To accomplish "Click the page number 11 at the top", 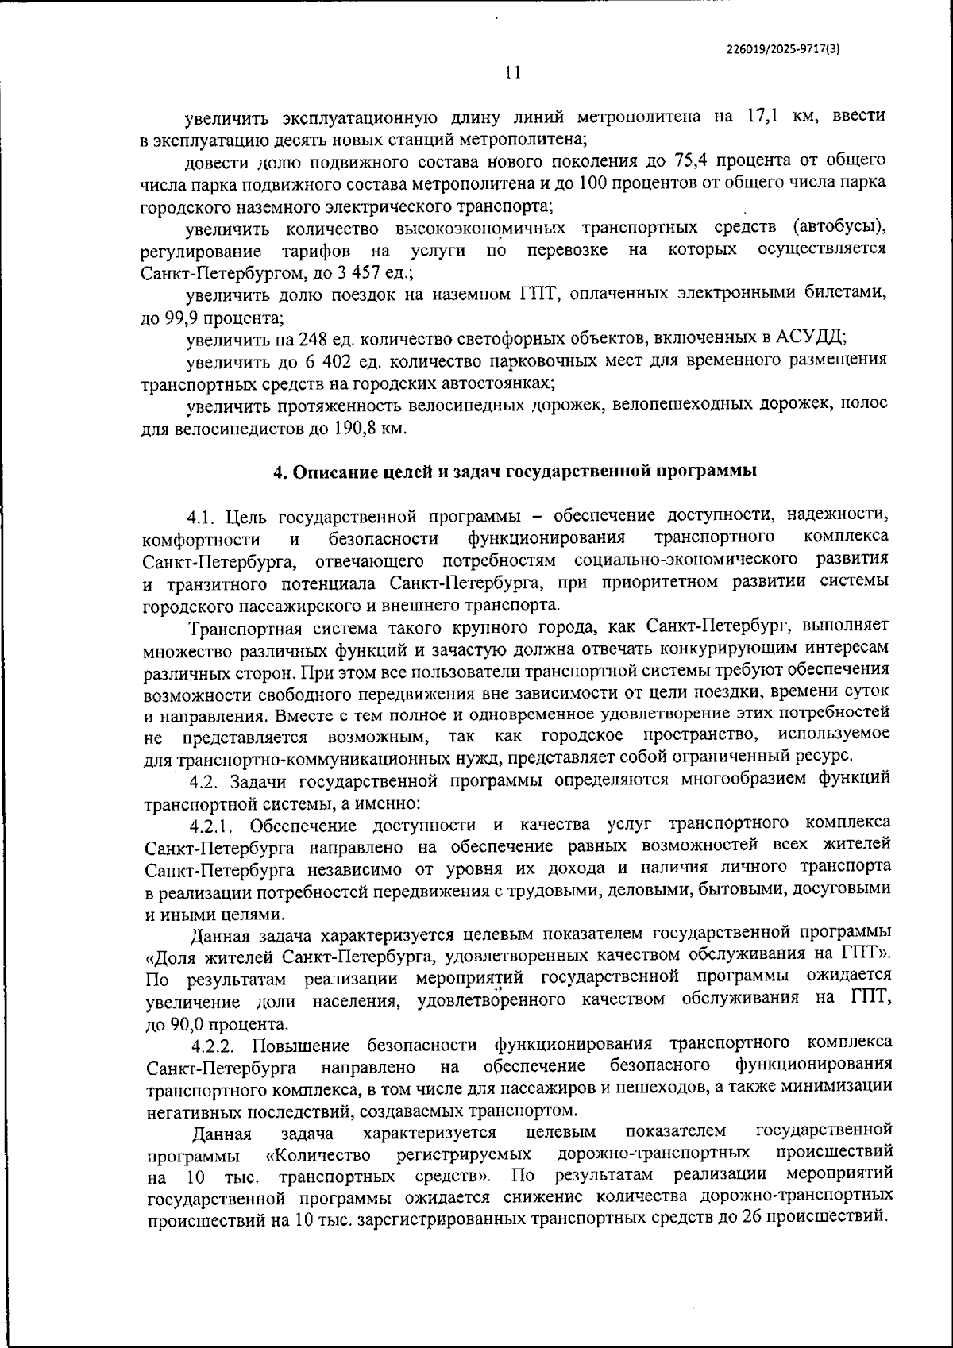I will [512, 73].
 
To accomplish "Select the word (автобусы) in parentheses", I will [839, 229].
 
